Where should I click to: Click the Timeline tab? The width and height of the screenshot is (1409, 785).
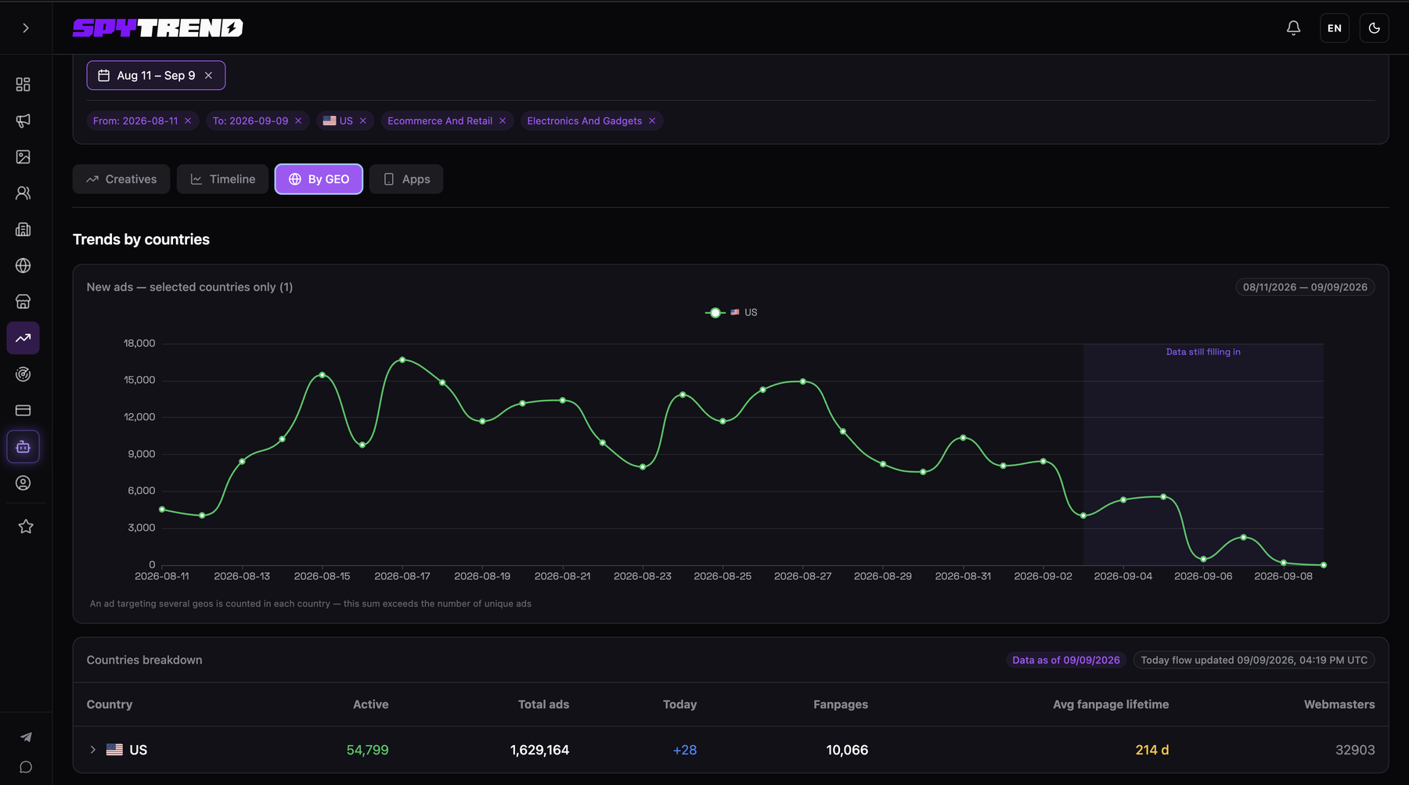pos(222,179)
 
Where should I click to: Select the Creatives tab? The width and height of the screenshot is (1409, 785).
pos(121,179)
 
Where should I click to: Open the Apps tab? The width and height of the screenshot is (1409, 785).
pos(406,179)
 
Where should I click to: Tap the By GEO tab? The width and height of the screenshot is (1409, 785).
pos(319,179)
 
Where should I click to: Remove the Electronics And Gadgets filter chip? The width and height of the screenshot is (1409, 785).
pos(652,121)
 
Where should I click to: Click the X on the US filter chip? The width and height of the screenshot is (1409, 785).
pos(363,121)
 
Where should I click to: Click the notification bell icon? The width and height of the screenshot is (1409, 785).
pos(1293,28)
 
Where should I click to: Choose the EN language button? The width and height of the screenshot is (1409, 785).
pos(1335,28)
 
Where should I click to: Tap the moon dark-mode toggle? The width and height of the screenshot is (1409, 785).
pos(1375,28)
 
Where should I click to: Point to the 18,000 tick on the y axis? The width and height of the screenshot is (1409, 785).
pos(139,343)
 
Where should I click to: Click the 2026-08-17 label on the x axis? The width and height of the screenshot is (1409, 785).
pos(402,576)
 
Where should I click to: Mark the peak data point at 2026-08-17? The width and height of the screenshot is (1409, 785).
pos(402,360)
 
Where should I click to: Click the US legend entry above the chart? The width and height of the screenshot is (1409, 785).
pos(731,312)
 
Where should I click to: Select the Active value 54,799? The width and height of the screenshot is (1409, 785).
pos(367,750)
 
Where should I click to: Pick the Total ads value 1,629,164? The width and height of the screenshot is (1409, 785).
pos(539,750)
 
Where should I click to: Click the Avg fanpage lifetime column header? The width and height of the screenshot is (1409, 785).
pos(1111,704)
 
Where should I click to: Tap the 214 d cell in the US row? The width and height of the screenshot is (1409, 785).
pos(1152,750)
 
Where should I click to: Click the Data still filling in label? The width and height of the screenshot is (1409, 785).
pos(1203,352)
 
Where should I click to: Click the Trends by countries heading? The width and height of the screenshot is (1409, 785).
pos(141,239)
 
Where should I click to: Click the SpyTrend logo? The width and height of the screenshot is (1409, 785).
pos(158,28)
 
